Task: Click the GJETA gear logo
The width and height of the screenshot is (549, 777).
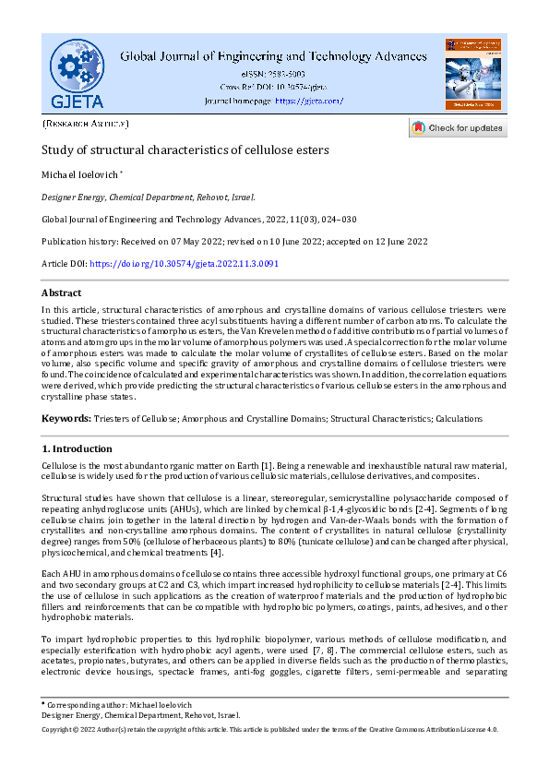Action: (x=78, y=73)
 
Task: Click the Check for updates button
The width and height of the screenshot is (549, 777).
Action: (x=458, y=128)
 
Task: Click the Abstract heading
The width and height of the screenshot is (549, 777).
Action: (x=62, y=293)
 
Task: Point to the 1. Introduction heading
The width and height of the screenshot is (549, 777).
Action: (x=78, y=448)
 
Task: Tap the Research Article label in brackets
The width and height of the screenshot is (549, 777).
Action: (x=86, y=123)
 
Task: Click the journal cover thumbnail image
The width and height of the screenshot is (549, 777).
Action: (x=472, y=74)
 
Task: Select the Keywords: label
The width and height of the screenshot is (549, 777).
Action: (x=66, y=419)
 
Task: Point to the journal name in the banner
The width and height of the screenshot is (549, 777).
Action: (x=274, y=55)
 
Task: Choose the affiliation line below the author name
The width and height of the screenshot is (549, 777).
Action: (x=149, y=197)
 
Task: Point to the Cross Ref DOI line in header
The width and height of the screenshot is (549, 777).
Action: (x=273, y=87)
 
